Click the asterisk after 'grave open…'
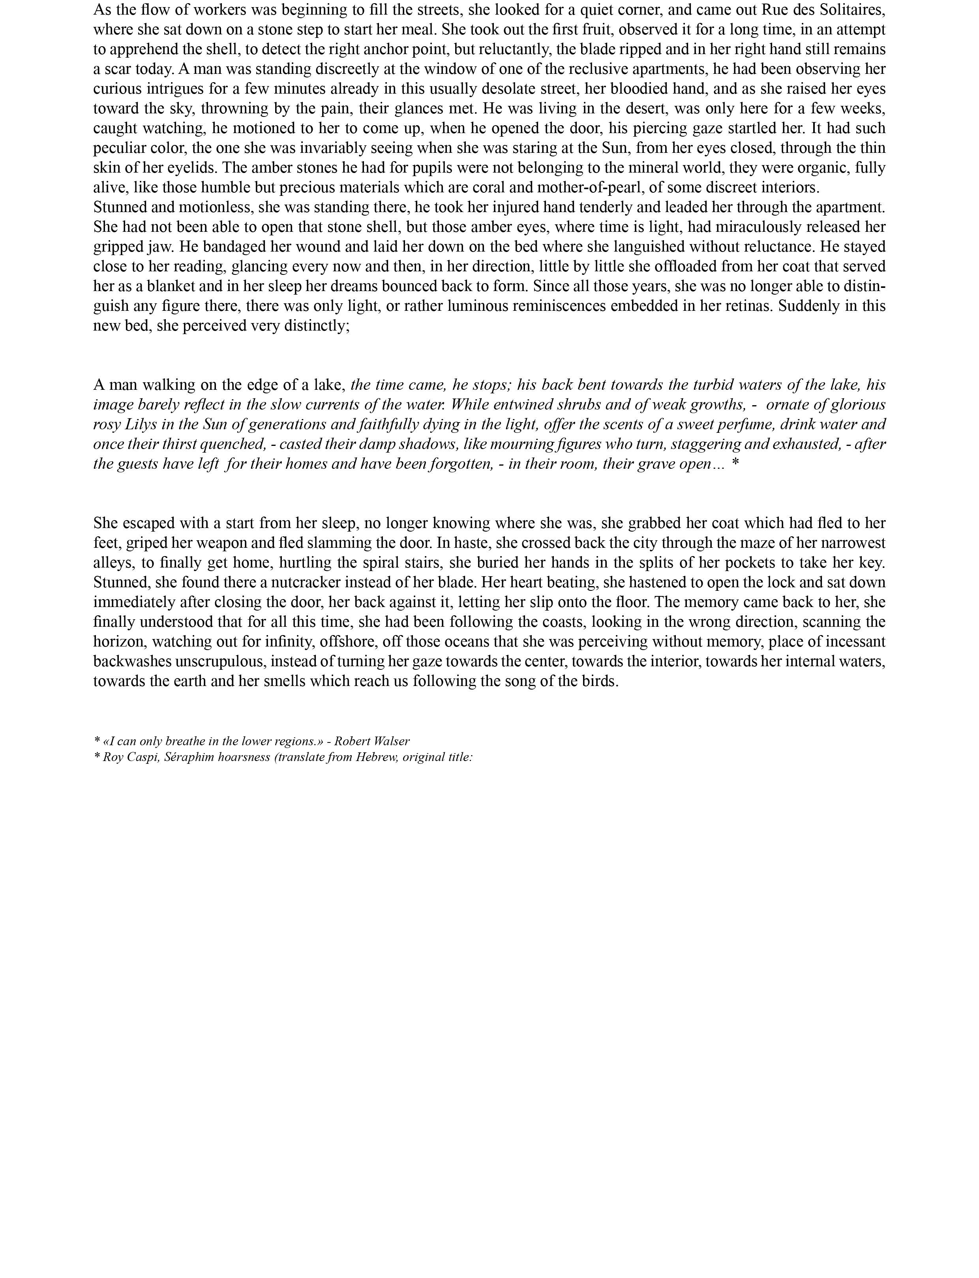click(x=735, y=464)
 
